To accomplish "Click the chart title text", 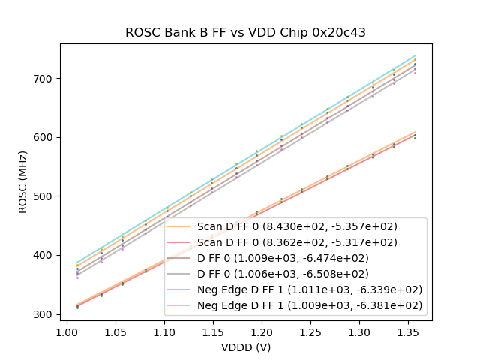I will (245, 33).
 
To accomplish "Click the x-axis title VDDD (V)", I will (245, 347).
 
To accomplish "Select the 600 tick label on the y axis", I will (46, 137).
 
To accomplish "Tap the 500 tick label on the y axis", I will (46, 196).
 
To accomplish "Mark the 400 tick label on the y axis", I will (46, 256).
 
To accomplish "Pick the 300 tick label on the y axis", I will (46, 314).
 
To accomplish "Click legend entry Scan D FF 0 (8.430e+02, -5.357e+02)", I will (297, 226).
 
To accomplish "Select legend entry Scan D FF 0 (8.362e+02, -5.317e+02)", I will (297, 242).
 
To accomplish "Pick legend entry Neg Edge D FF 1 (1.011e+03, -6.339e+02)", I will (310, 289).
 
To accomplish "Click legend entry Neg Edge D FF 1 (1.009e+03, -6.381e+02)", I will (310, 305).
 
